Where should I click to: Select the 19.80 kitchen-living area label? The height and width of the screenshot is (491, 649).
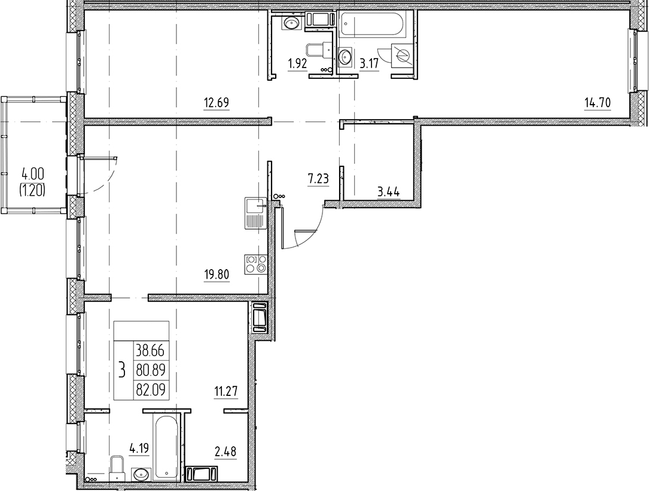pos(217,276)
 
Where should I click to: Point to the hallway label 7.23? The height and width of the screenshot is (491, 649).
pos(318,178)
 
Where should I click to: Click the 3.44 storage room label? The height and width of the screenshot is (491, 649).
pos(388,193)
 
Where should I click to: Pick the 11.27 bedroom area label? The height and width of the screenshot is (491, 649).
pos(226,392)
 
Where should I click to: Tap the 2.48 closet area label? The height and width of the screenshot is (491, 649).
pos(226,451)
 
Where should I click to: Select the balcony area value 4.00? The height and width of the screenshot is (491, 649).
pos(33,175)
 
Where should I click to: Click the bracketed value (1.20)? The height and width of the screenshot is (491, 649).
pos(33,190)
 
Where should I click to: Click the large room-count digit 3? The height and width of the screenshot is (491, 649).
pos(122,371)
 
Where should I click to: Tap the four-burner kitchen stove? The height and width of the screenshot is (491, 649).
pos(255,264)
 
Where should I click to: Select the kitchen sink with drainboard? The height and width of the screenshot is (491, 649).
pos(255,213)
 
